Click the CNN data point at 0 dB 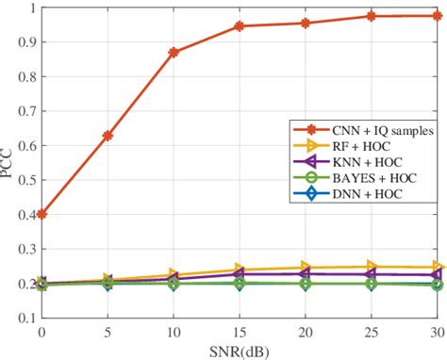coord(41,214)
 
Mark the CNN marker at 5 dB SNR coord(108,136)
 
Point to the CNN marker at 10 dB coord(174,52)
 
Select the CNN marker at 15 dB coord(240,26)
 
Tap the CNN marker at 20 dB coord(306,23)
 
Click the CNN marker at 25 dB coord(372,16)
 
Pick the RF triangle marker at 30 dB coord(438,268)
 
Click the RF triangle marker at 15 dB coord(240,270)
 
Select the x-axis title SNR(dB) coord(239,351)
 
